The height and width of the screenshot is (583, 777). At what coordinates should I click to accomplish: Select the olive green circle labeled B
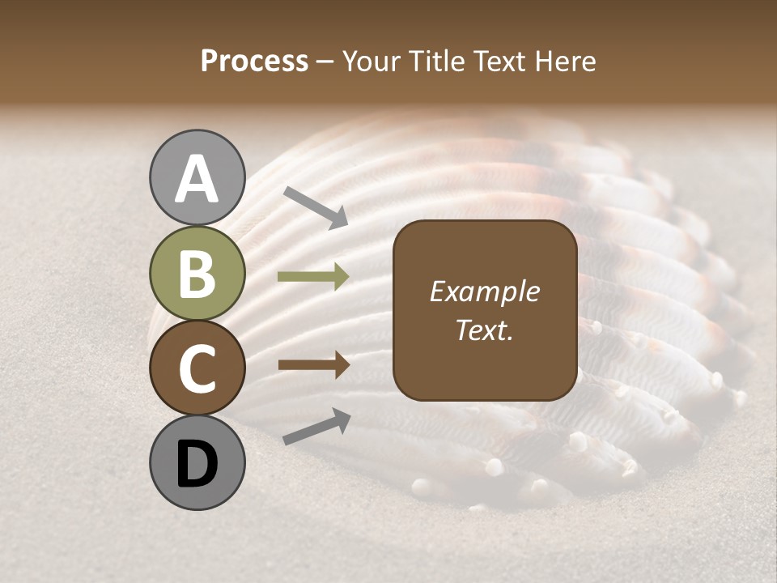tap(197, 275)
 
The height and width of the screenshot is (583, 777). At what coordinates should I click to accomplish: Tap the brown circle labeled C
tap(197, 368)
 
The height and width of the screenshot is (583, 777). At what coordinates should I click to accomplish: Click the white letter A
tap(197, 180)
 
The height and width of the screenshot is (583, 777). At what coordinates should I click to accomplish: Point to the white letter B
tap(197, 274)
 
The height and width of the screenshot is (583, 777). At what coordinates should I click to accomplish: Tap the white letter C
tap(197, 368)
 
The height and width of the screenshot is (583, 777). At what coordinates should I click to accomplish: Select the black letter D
tap(197, 464)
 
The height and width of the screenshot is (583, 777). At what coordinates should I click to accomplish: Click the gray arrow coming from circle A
tap(316, 206)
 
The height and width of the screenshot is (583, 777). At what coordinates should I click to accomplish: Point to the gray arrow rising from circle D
tap(316, 427)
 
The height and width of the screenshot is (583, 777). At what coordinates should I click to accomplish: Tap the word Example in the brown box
tap(484, 292)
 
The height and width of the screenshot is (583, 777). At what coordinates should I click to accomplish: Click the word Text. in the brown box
tap(484, 330)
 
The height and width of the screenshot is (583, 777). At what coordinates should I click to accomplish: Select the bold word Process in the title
tap(254, 61)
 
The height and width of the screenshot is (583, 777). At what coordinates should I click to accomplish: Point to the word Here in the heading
tap(564, 61)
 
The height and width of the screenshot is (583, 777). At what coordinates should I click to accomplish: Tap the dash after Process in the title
tap(325, 62)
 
